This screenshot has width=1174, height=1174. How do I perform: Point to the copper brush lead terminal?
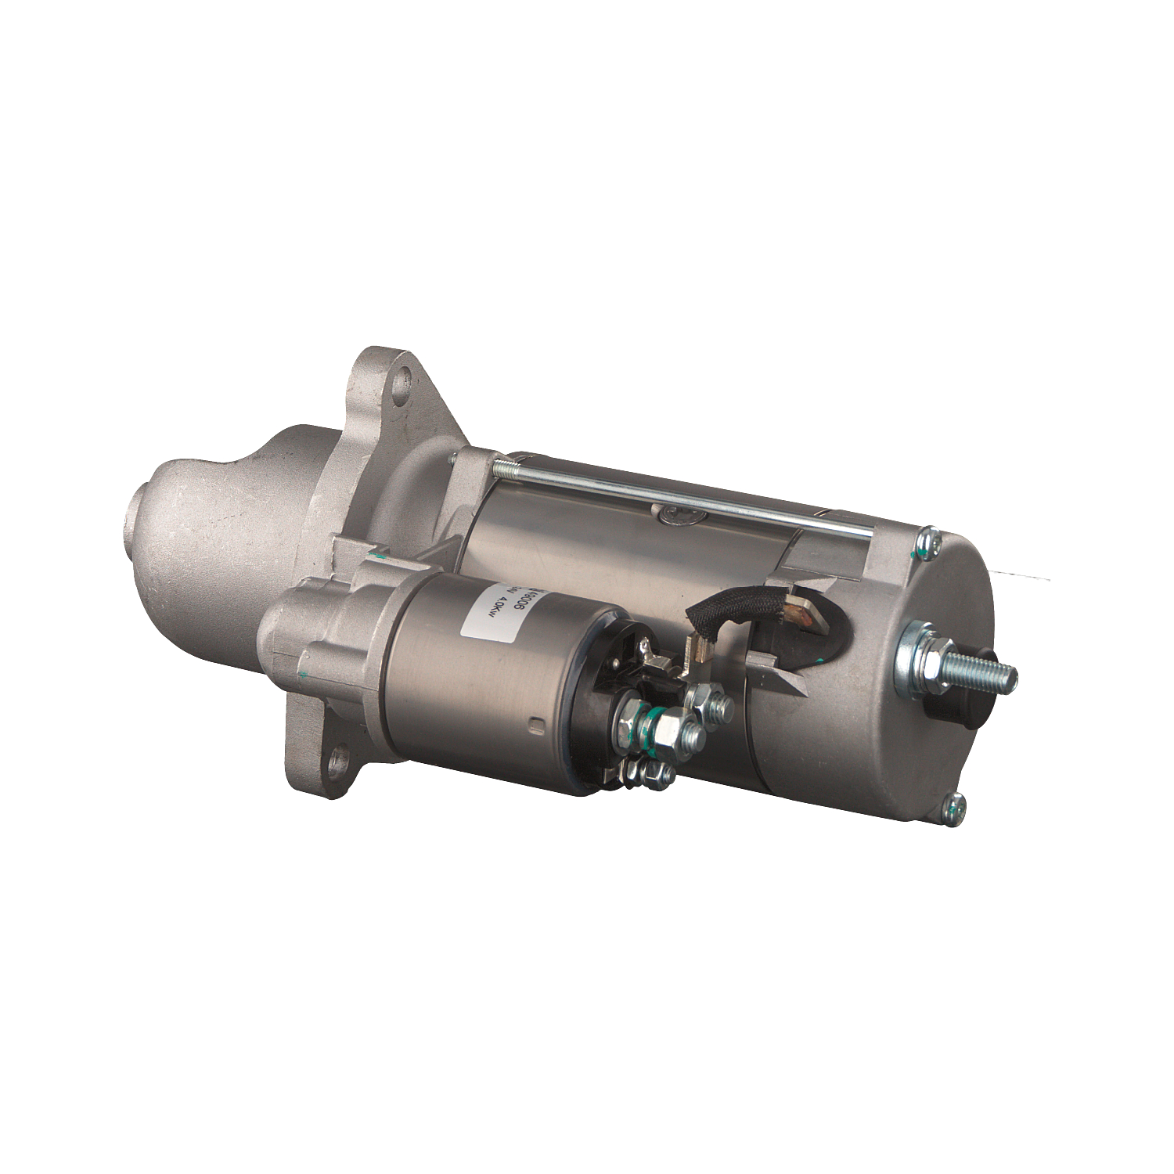[806, 603]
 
